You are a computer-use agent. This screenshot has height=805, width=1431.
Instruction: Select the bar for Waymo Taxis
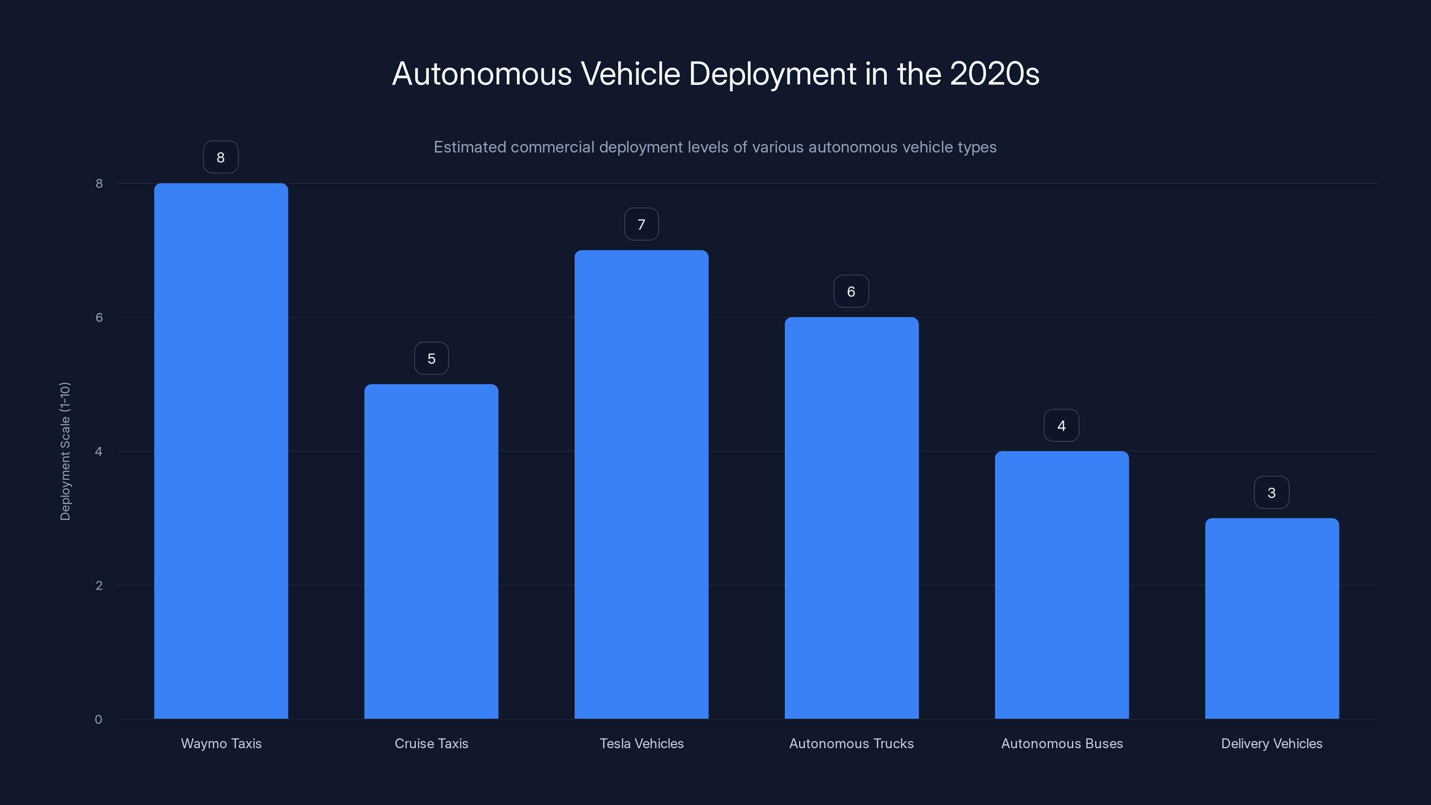click(x=220, y=450)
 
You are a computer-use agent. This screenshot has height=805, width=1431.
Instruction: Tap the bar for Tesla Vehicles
click(x=641, y=484)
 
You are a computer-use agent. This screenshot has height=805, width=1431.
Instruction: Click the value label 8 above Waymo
click(x=220, y=157)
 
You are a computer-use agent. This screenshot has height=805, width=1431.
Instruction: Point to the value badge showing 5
click(x=431, y=358)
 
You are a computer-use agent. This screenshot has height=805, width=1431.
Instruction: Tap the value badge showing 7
click(x=641, y=225)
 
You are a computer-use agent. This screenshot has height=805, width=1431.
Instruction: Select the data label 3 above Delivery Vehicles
click(x=1271, y=493)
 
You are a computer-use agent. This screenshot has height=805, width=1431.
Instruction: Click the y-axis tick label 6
click(x=99, y=317)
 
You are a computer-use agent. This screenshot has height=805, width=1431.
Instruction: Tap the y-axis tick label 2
click(x=99, y=585)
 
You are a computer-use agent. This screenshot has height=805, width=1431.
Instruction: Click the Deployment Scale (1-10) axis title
click(x=65, y=451)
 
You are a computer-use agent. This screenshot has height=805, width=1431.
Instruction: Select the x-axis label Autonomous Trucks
click(x=851, y=743)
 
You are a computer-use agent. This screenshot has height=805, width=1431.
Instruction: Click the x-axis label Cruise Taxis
click(x=431, y=743)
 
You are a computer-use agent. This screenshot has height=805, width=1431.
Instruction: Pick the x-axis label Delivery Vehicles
click(x=1271, y=743)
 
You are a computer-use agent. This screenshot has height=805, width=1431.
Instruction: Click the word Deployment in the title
click(x=772, y=74)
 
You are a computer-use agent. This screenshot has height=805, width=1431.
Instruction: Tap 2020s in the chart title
click(x=995, y=74)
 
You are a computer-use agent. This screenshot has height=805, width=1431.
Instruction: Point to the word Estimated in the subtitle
click(x=470, y=147)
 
